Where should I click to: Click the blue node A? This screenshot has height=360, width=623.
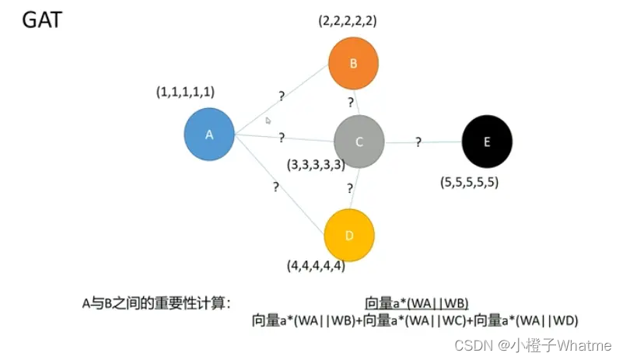tap(209, 135)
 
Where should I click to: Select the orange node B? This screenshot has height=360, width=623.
tap(353, 64)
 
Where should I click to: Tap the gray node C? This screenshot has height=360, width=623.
tap(359, 141)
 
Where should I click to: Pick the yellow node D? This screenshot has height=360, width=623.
tap(349, 235)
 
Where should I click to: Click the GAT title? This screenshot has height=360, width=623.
tap(40, 19)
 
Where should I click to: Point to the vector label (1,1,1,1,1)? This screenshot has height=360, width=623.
tap(185, 92)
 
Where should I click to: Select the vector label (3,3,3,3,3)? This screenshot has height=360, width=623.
tap(316, 165)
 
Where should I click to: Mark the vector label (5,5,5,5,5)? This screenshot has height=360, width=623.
tap(469, 183)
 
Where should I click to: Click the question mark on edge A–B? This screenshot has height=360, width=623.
tap(282, 96)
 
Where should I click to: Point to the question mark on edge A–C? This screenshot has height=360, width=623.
tap(282, 138)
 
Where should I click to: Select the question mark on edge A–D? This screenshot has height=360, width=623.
tap(276, 187)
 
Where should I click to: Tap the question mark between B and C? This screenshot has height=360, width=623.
tap(351, 102)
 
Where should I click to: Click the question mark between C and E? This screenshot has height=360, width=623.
tap(418, 142)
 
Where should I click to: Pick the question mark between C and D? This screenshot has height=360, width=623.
tap(351, 189)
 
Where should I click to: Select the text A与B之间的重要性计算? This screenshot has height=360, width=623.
tap(156, 303)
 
